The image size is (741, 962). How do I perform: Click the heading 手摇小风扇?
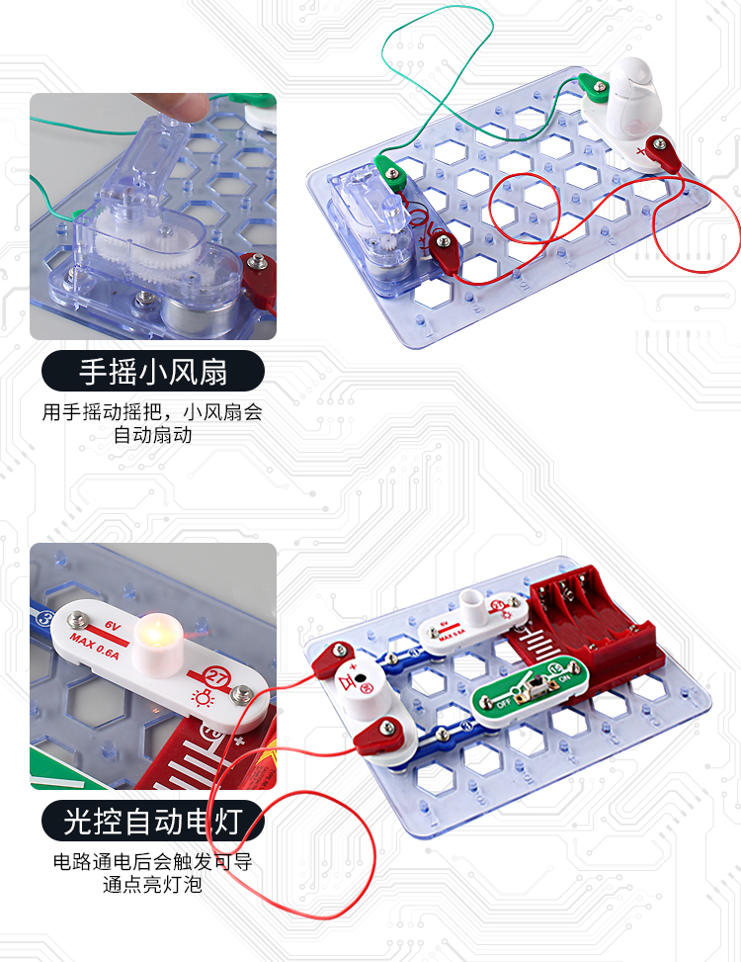(153, 373)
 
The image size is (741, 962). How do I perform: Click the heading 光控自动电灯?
(153, 821)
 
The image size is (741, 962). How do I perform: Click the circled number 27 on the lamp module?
(215, 677)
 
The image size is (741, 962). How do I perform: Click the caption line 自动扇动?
(152, 435)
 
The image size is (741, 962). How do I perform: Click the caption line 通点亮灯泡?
(152, 885)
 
